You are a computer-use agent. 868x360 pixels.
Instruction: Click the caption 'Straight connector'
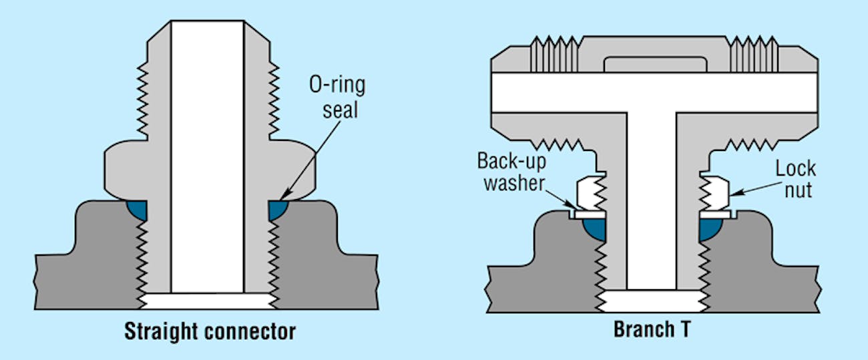click(209, 331)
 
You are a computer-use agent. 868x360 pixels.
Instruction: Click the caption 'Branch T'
click(652, 331)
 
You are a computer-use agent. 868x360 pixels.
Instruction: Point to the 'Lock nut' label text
click(795, 178)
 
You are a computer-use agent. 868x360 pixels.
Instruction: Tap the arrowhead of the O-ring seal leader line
click(282, 198)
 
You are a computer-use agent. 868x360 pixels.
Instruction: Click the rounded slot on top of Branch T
click(654, 64)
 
